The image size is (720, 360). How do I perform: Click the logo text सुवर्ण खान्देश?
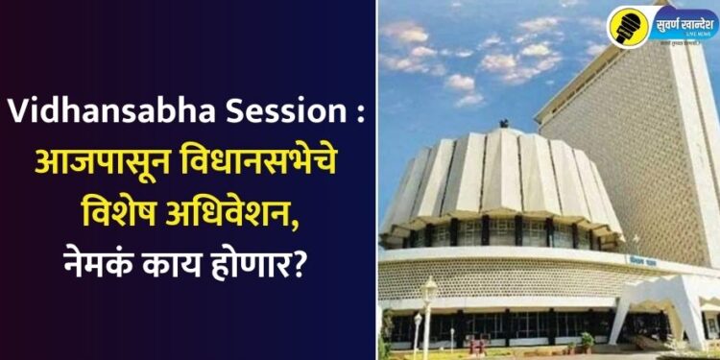[x=683, y=21]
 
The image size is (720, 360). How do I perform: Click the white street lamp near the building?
[x=428, y=288]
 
